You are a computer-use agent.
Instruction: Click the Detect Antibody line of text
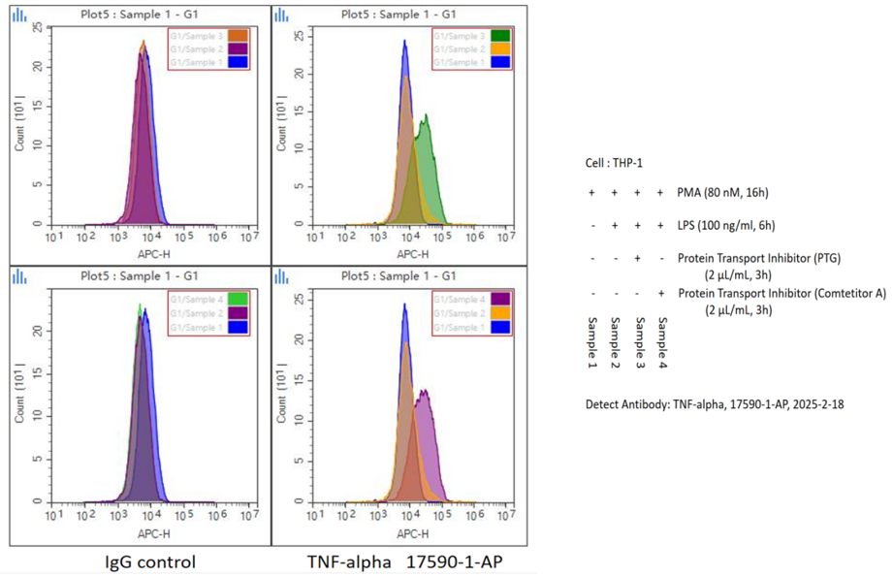tap(715, 403)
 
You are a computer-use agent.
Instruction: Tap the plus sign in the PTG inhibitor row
tap(637, 259)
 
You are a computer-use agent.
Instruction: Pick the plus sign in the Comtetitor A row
tap(660, 292)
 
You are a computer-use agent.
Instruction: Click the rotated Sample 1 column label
tap(592, 340)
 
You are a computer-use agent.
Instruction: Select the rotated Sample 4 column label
tap(662, 340)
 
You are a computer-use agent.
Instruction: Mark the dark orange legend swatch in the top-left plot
tap(238, 36)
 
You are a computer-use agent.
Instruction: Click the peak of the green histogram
tap(425, 117)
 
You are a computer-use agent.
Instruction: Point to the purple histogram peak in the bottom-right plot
tap(423, 391)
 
